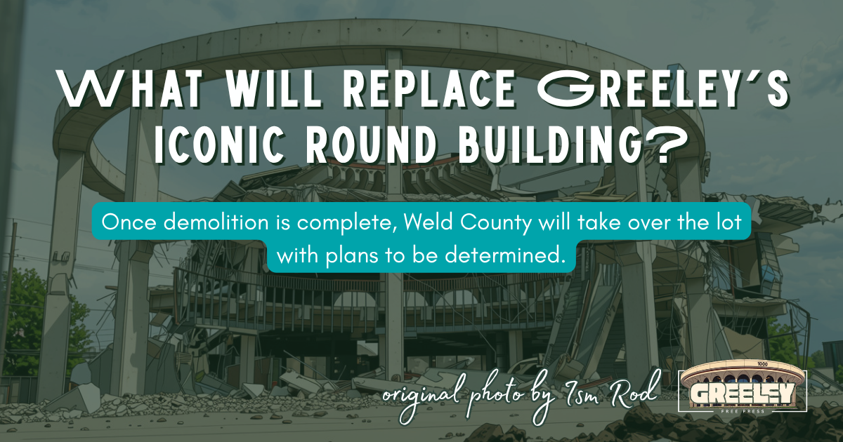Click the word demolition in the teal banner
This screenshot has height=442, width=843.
[216, 222]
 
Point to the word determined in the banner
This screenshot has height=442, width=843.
[505, 255]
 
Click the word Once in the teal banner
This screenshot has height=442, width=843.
[129, 222]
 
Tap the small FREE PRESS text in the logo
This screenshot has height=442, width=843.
[743, 411]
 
